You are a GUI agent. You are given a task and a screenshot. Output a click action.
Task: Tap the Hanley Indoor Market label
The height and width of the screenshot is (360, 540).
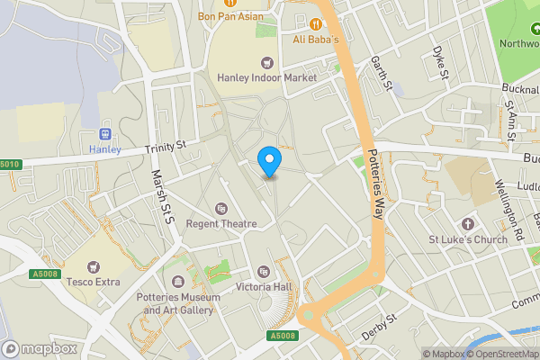click(267, 77)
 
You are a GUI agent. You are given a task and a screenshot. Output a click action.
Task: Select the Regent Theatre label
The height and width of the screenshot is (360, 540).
click(221, 223)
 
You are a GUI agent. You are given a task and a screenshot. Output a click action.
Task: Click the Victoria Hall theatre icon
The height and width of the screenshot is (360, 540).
click(263, 272)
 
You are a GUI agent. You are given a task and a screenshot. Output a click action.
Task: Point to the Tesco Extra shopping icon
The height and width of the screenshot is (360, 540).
click(94, 267)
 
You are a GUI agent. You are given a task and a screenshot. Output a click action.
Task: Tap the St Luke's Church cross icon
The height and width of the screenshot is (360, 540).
click(467, 223)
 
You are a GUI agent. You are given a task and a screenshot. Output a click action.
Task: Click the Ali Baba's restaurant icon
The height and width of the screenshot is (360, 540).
click(315, 23)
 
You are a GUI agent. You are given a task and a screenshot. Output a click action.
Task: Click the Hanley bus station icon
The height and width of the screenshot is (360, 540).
click(104, 133)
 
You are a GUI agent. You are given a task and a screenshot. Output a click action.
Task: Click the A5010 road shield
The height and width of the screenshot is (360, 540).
click(9, 165)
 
